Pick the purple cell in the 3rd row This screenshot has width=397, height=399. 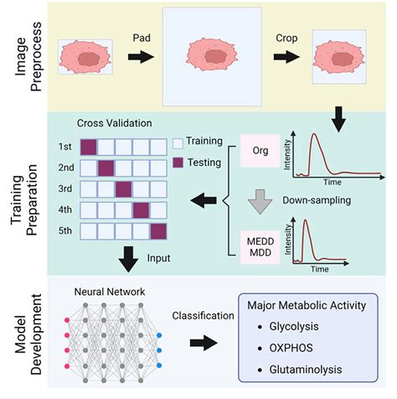point(123,187)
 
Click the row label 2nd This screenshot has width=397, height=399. point(66,166)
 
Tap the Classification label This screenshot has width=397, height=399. point(204,318)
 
